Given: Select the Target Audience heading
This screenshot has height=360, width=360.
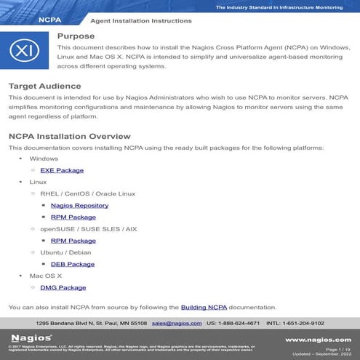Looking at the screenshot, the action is pos(44,86).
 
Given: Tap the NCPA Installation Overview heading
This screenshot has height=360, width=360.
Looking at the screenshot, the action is pos(69,136).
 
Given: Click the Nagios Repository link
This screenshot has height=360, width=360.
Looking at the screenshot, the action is pos(79,205).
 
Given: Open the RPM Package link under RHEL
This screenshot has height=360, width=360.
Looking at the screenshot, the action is pos(73,217).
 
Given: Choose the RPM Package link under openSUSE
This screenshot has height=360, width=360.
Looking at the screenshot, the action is pos(73,240).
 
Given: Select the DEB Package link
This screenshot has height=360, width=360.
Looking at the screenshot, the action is pos(72,264).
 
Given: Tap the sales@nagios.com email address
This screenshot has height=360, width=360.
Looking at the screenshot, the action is pos(176,322).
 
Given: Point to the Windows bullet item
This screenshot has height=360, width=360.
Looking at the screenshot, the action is pos(44,159).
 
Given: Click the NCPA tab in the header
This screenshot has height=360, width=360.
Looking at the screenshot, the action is pos(49,20).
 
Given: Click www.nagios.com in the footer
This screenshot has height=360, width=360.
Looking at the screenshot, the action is pos(318,340).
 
